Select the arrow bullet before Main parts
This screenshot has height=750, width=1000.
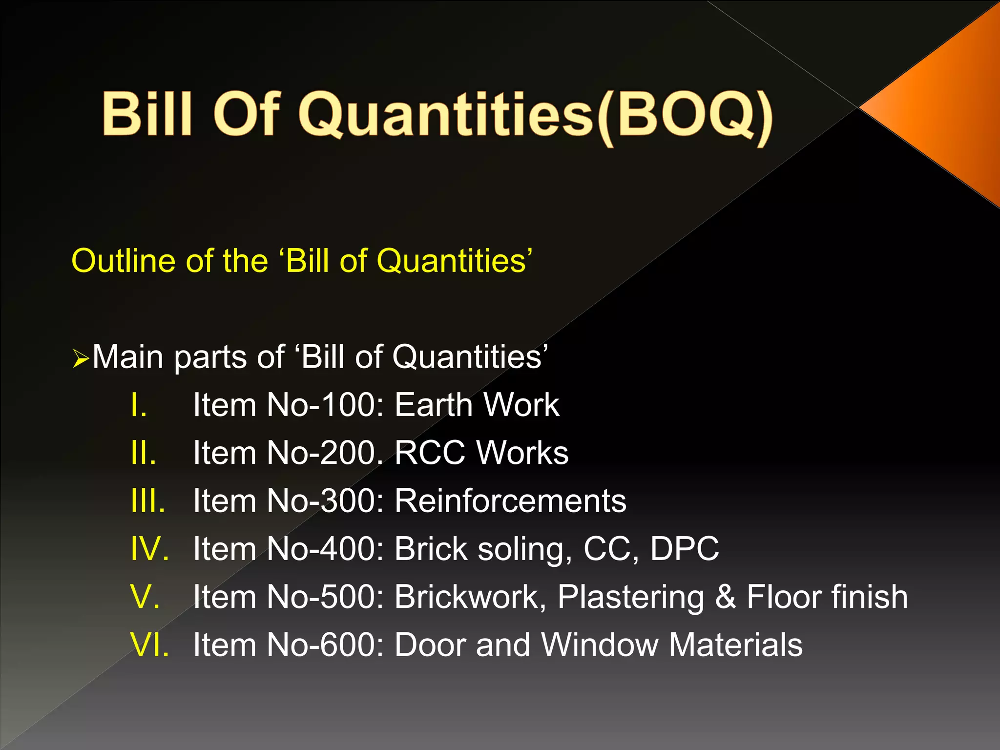pos(80,359)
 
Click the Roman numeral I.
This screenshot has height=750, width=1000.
pos(139,405)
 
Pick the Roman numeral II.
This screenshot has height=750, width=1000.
pos(143,453)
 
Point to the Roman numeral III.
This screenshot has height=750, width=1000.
pos(148,500)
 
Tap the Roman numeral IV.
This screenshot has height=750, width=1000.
pos(150,548)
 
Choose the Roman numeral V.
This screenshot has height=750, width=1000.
pos(145,597)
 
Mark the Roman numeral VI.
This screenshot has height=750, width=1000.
pos(150,645)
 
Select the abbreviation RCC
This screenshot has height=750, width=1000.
pos(430,453)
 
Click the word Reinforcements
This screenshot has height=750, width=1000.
pos(510,500)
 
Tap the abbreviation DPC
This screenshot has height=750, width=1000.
pos(685,548)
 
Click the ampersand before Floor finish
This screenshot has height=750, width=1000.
pos(726,597)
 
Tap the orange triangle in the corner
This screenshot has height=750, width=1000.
pos(947,107)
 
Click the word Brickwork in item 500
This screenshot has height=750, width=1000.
pos(470,597)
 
